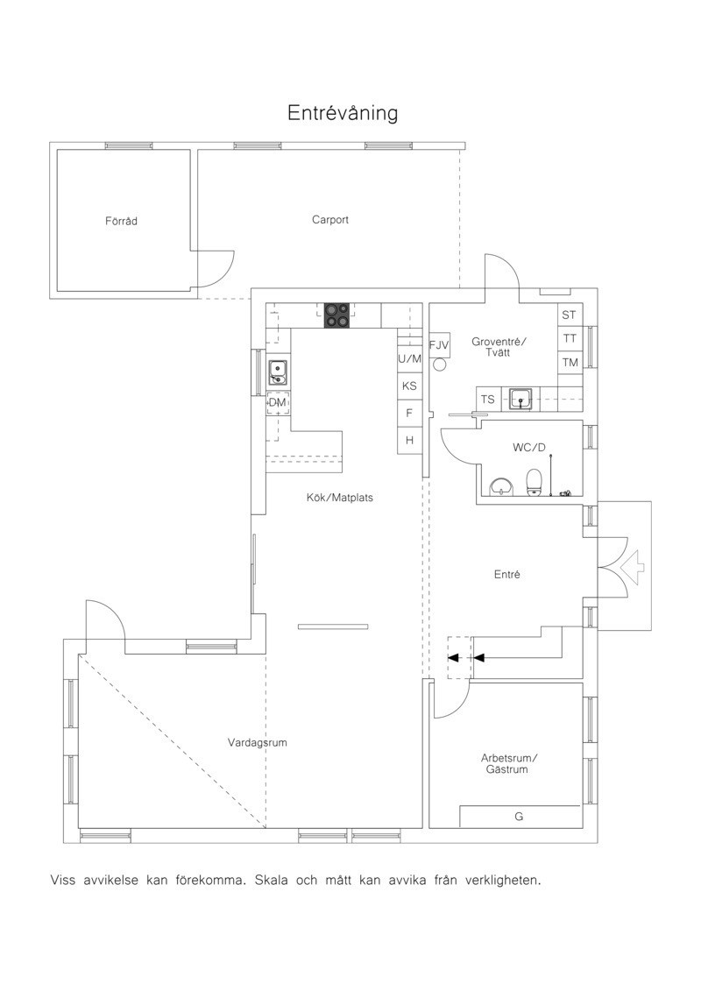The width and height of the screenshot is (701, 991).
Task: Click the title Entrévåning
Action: coord(342,113)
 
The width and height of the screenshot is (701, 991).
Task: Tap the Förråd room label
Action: coord(122,221)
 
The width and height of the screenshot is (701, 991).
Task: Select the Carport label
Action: coord(330,220)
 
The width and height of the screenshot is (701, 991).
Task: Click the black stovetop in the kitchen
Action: coord(336,315)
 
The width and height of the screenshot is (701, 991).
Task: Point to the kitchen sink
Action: coord(278,372)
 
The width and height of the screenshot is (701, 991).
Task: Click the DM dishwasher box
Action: coord(278,402)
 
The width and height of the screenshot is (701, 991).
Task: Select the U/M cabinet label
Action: coord(409,359)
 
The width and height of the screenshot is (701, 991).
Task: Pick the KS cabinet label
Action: coord(409,386)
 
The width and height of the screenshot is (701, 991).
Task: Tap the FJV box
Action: coord(439,345)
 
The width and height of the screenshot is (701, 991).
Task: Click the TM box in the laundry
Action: coord(570,362)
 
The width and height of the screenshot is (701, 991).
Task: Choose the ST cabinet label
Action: coord(569,315)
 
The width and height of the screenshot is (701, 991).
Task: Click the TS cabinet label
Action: coord(487,400)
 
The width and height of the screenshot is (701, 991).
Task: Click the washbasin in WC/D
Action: coord(502,487)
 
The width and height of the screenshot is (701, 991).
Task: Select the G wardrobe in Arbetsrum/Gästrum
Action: coord(520,817)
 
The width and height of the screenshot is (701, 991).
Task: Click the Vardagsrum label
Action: coord(258,743)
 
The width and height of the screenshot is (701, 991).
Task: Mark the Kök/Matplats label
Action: coord(339,498)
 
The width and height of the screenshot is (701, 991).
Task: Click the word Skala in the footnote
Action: coord(271,880)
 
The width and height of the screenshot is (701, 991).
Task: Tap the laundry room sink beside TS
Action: coord(520,399)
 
